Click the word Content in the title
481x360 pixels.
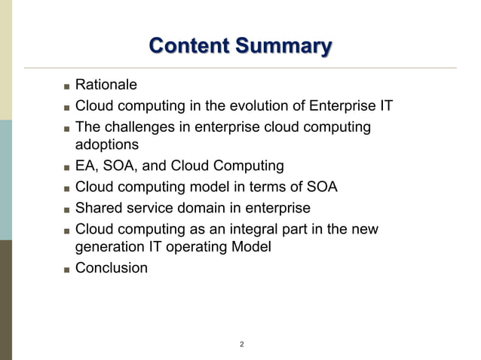click(x=188, y=47)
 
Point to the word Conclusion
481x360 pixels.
click(x=112, y=267)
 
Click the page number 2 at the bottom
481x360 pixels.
click(x=241, y=344)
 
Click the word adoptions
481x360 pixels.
click(x=107, y=144)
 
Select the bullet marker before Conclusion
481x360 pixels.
click(x=66, y=268)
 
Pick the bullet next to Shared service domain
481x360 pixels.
click(x=66, y=209)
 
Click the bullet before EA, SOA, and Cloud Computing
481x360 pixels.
click(x=66, y=166)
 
